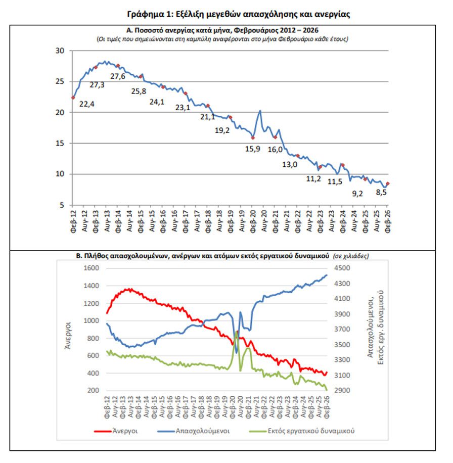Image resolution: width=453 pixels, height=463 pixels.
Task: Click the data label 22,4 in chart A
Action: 87,105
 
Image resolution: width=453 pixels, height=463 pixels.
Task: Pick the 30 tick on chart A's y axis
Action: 60,51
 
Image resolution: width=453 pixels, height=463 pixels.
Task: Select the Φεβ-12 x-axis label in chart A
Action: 74,221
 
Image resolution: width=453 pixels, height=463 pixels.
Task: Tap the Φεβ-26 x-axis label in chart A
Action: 388,221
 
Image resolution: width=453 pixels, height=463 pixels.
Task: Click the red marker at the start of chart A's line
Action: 73,98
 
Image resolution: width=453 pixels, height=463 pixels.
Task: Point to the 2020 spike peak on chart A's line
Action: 260,111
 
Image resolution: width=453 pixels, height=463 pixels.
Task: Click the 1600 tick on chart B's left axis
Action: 92,268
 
